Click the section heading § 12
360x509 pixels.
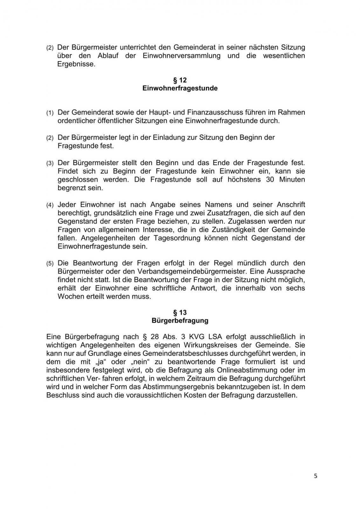180,80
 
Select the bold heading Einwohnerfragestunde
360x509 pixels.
180,88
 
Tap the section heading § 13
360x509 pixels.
180,312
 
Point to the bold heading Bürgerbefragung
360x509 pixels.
180,321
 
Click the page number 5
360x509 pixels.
315,476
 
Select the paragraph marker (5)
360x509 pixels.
50,264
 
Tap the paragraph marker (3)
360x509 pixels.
50,164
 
